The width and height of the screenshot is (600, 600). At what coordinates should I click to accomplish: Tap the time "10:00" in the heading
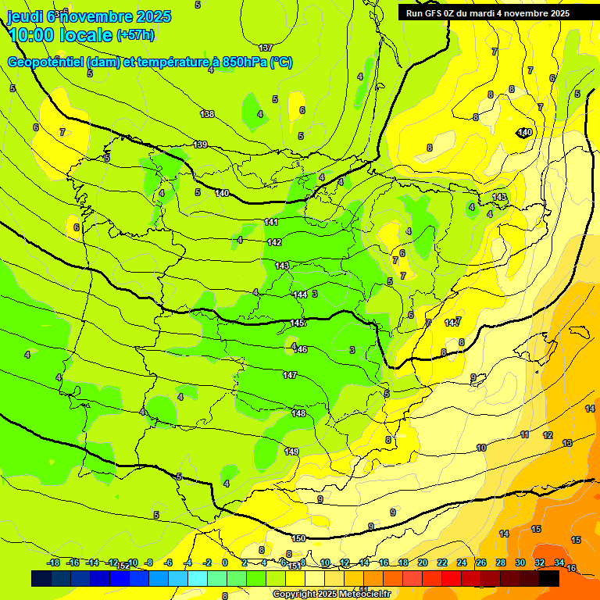pyautogui.click(x=34, y=35)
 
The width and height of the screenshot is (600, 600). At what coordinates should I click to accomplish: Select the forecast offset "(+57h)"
pyautogui.click(x=135, y=35)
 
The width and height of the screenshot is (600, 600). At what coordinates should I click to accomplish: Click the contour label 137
pyautogui.click(x=266, y=48)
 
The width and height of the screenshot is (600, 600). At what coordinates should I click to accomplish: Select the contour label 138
pyautogui.click(x=207, y=114)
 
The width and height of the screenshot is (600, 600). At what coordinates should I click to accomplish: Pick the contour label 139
pyautogui.click(x=201, y=145)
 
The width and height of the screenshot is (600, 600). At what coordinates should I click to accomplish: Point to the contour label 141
pyautogui.click(x=271, y=223)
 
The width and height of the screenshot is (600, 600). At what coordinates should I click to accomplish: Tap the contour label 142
pyautogui.click(x=274, y=243)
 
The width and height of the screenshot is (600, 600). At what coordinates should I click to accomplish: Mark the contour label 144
pyautogui.click(x=300, y=295)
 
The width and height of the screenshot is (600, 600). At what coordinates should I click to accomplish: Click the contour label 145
pyautogui.click(x=297, y=323)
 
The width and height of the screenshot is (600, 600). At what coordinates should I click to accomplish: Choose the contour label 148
pyautogui.click(x=298, y=413)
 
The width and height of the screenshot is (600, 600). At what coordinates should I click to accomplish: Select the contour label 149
pyautogui.click(x=291, y=452)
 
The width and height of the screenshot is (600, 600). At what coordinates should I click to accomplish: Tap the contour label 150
pyautogui.click(x=298, y=538)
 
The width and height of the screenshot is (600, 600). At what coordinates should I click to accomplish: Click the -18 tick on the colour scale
pyautogui.click(x=54, y=562)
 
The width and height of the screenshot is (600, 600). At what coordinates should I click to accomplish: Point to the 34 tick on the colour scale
pyautogui.click(x=559, y=562)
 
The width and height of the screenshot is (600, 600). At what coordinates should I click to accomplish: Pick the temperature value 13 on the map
pyautogui.click(x=567, y=443)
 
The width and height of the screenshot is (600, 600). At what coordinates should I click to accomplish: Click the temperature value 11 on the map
pyautogui.click(x=524, y=434)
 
